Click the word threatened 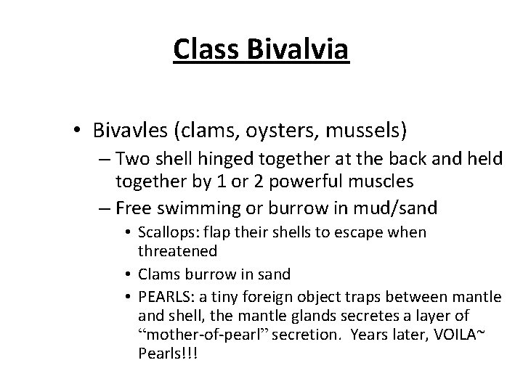pos(177,250)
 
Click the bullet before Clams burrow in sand pos(129,275)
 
